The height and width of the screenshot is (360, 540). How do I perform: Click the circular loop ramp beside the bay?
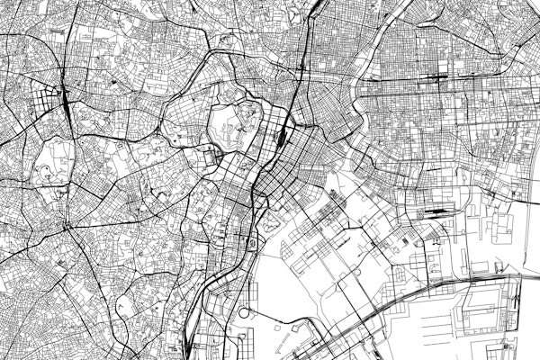pyautogui.click(x=244, y=312)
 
